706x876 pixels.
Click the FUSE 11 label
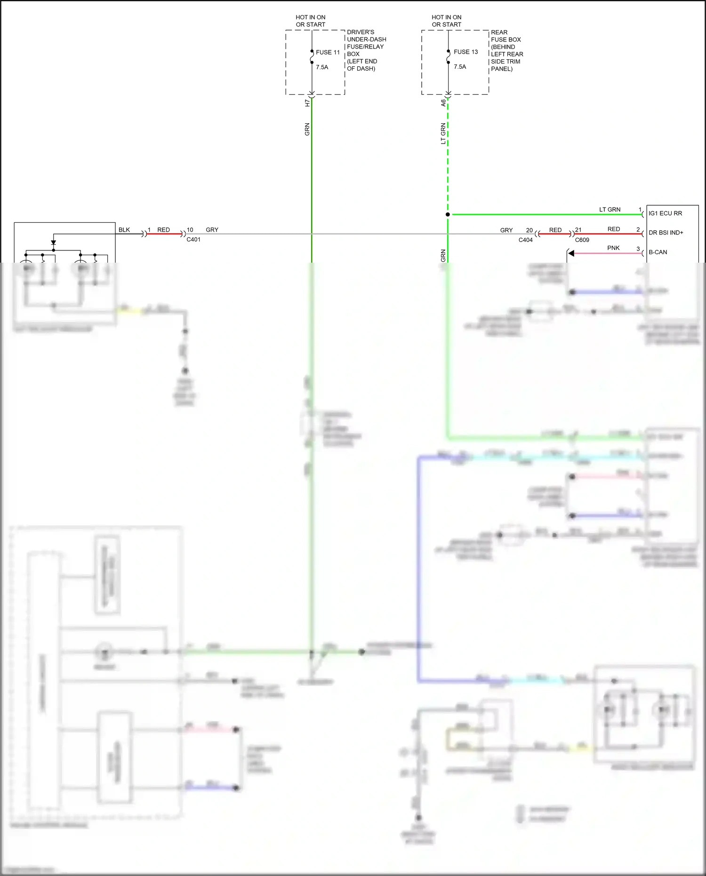tap(328, 52)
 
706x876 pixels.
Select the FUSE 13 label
tap(465, 52)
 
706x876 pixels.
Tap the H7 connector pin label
tap(307, 103)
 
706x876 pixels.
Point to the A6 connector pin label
tap(443, 103)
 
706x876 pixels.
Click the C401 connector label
tap(193, 240)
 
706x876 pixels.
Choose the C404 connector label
tap(525, 240)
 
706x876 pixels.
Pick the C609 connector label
tap(582, 240)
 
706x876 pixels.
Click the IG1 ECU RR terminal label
tap(665, 213)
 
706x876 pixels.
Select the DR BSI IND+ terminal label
tap(666, 233)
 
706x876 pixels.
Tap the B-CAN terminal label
tap(658, 252)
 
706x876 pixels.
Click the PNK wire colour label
tap(613, 248)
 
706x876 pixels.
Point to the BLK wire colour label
tap(124, 230)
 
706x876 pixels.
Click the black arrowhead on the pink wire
tap(571, 253)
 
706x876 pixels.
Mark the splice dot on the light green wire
tap(448, 215)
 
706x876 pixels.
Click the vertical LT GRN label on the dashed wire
tap(443, 134)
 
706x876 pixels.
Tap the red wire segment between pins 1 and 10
tap(164, 234)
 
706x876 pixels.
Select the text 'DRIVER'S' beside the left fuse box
tap(361, 32)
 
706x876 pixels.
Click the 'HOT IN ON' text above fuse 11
tap(310, 17)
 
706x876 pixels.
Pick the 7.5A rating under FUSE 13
tap(460, 67)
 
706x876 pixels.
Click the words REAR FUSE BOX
tap(505, 36)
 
